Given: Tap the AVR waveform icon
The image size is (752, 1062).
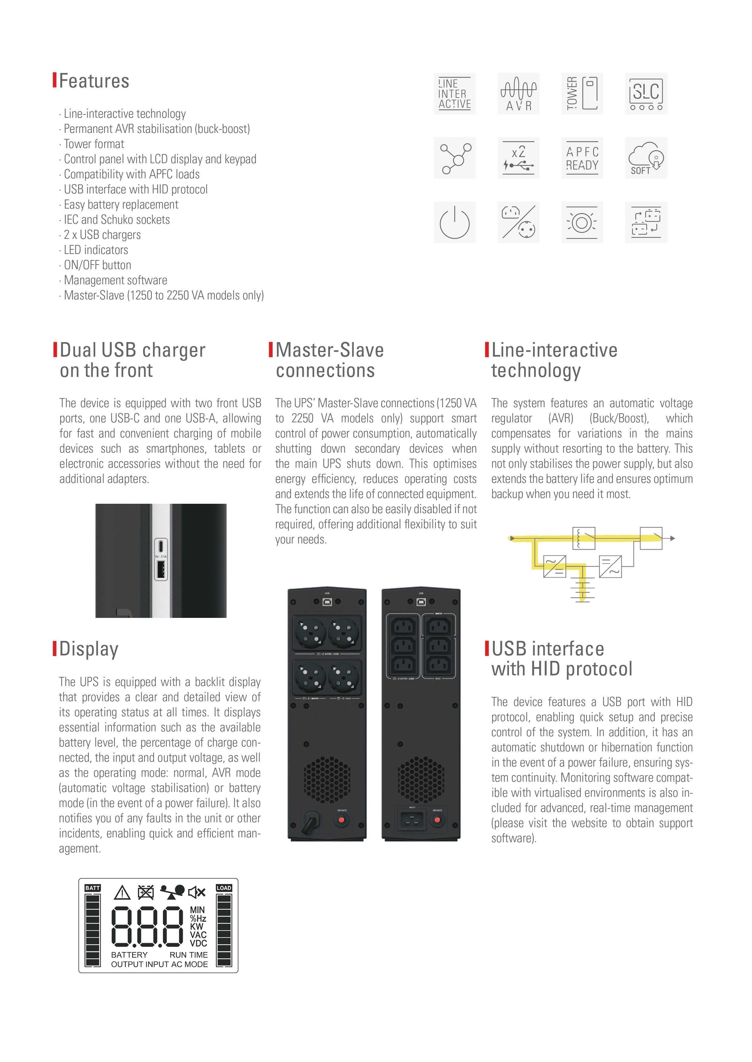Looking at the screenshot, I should tap(518, 94).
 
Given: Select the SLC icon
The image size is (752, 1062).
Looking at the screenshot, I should tap(646, 94).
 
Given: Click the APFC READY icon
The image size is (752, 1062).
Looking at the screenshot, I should tap(582, 158).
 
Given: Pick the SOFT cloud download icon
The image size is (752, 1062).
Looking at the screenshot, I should tap(646, 158).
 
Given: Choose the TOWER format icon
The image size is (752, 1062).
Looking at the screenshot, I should tap(582, 94).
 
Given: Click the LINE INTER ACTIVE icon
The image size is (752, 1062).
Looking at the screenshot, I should tap(454, 94).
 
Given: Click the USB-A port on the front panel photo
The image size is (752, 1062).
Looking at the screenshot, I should tap(161, 570).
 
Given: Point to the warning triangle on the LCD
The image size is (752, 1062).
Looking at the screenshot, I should tap(122, 892).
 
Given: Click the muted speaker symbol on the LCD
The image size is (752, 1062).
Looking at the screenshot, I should tap(196, 892).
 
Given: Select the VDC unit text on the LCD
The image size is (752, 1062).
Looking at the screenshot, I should tap(198, 943).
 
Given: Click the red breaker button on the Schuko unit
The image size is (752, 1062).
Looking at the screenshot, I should tap(342, 820).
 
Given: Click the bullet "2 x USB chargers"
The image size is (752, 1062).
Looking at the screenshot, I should tap(102, 235).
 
